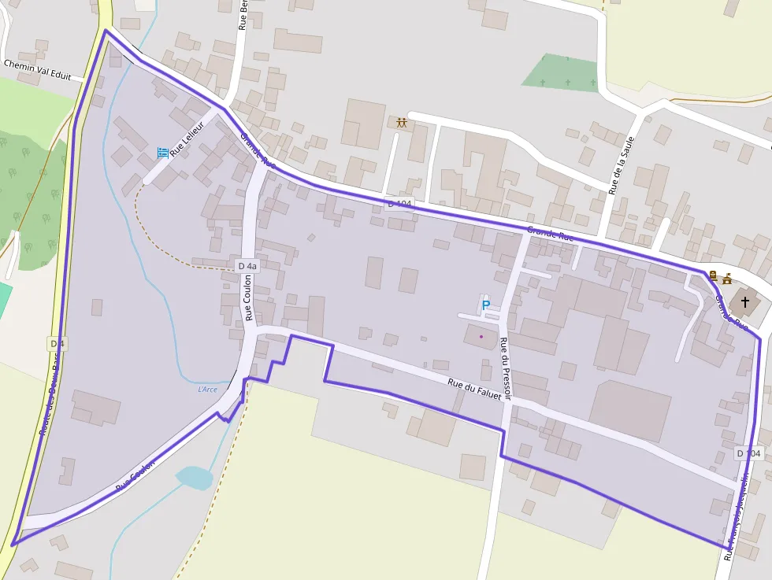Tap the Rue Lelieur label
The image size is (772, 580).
(192, 142)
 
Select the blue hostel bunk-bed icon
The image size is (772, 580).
(162, 151)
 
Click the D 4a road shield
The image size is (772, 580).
(247, 266)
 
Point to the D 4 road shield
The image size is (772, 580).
(57, 343)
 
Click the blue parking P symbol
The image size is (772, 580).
(485, 305)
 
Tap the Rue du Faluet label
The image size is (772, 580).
(474, 390)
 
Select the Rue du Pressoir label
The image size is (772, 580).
(504, 368)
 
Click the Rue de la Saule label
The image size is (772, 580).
(622, 164)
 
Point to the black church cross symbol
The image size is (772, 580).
(744, 301)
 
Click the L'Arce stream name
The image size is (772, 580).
(207, 389)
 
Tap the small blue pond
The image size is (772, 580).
(194, 477)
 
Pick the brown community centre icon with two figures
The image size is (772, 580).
(402, 123)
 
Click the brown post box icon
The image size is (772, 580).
(713, 275)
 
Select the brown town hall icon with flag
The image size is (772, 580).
(726, 277)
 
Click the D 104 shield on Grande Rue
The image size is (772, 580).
(399, 204)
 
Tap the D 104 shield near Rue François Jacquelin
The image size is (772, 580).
(750, 453)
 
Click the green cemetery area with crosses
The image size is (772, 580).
(562, 74)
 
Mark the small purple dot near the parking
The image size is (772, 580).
(481, 337)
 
